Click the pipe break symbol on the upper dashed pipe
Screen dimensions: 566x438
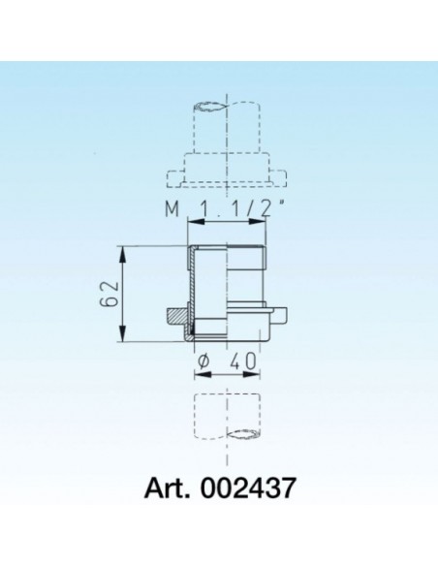[x=212, y=104]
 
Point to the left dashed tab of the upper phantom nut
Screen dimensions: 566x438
[x=174, y=178]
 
